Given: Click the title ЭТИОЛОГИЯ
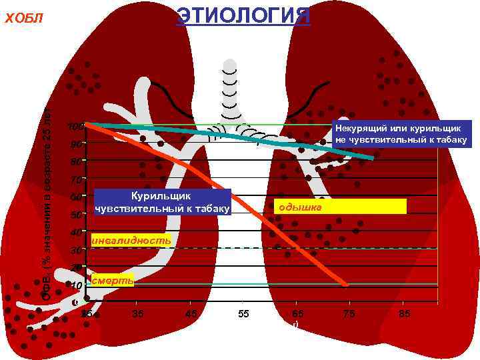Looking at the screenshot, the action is pyautogui.click(x=243, y=15).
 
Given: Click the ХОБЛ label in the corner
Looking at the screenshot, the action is pyautogui.click(x=24, y=17).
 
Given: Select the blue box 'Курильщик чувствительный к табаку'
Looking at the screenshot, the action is pyautogui.click(x=163, y=202).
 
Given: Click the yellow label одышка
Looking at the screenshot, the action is pyautogui.click(x=340, y=207).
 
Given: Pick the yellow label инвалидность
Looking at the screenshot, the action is pyautogui.click(x=131, y=239).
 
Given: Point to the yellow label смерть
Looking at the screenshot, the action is pyautogui.click(x=113, y=281).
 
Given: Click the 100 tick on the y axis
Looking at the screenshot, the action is pyautogui.click(x=75, y=127).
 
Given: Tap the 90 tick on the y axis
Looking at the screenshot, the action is pyautogui.click(x=77, y=145).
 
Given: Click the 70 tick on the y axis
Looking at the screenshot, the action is pyautogui.click(x=77, y=180).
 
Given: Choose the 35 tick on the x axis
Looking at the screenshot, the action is pyautogui.click(x=138, y=313).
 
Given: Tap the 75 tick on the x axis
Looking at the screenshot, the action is pyautogui.click(x=348, y=313).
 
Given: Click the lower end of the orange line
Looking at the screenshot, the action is pyautogui.click(x=346, y=285).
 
